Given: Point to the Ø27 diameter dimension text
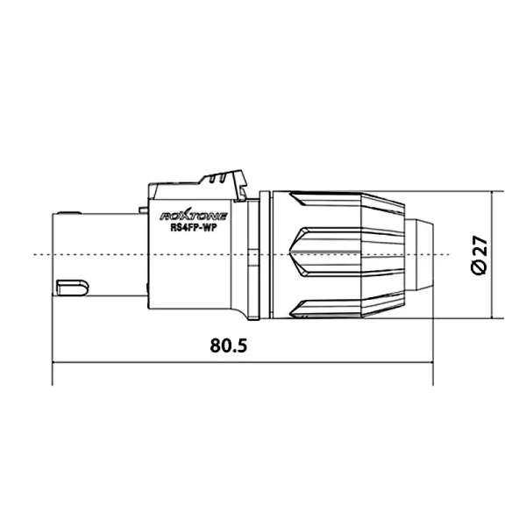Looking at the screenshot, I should (x=479, y=254).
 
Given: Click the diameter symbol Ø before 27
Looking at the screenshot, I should (x=479, y=267).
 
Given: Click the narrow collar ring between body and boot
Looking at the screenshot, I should (x=254, y=254).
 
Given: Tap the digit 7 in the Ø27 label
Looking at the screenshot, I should (x=479, y=241).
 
